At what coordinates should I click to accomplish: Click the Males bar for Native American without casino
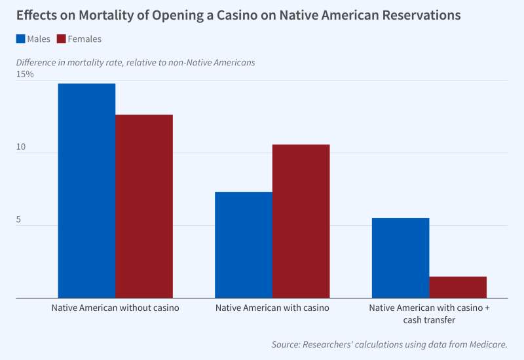[x=86, y=190]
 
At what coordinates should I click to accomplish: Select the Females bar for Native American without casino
[x=144, y=206]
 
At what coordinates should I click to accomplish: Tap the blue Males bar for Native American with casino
[x=244, y=245]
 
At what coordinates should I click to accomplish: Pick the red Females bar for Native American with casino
[x=301, y=221]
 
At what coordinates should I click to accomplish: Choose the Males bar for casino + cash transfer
[x=400, y=258]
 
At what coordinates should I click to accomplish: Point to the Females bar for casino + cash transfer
[x=458, y=287]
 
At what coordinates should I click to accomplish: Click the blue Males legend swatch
[x=20, y=39]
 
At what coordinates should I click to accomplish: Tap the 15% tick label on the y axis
[x=25, y=75]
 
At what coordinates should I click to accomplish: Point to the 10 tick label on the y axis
[x=21, y=147]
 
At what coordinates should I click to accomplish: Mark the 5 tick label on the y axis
[x=19, y=220]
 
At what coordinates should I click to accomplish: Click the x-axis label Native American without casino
[x=115, y=308]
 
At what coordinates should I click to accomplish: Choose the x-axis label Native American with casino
[x=272, y=308]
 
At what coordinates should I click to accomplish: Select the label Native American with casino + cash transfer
[x=429, y=314]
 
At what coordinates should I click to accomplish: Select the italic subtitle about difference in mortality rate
[x=136, y=62]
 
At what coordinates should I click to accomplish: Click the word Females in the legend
[x=84, y=39]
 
